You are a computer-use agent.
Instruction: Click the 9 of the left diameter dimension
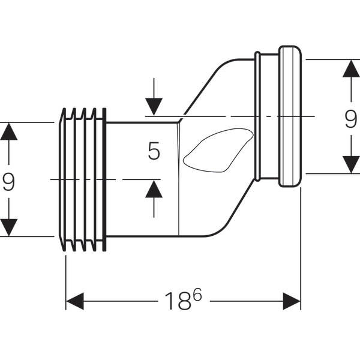(x=8, y=181)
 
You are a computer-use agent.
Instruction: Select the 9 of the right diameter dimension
(x=351, y=121)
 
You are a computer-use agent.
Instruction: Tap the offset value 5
(x=154, y=151)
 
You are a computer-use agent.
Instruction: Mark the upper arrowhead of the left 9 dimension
(x=8, y=131)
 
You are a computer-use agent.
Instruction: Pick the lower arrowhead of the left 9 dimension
(x=8, y=227)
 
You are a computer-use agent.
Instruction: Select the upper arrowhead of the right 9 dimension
(x=350, y=68)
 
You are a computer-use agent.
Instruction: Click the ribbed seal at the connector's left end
(x=83, y=179)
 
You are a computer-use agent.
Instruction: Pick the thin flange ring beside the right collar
(x=258, y=116)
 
